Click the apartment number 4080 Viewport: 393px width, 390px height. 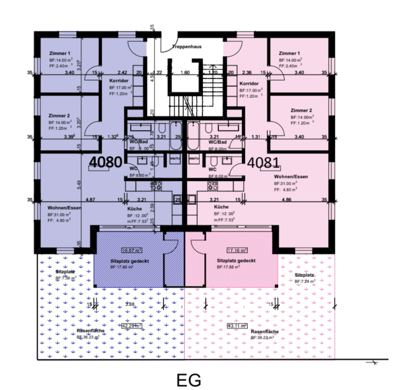(106, 162)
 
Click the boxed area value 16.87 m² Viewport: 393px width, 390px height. (131, 250)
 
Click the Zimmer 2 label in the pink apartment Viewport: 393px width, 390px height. (301, 111)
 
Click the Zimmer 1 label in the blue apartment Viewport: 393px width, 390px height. (60, 53)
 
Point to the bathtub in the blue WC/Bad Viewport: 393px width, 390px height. (176, 136)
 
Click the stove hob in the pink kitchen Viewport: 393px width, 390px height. (212, 186)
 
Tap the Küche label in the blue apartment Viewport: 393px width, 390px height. (134, 209)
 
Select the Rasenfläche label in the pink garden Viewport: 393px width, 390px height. (265, 331)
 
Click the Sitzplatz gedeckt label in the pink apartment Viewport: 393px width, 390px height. (236, 261)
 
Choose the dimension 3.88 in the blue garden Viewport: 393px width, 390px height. (130, 305)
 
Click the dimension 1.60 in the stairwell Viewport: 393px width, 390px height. (184, 72)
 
